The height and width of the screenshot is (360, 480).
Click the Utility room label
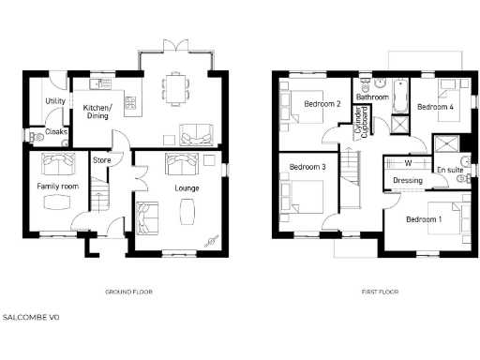[55, 101]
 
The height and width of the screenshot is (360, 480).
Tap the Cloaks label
[55, 132]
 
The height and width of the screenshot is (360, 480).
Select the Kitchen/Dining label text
[97, 112]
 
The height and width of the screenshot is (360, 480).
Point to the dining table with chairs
[175, 88]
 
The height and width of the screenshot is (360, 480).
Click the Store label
[101, 160]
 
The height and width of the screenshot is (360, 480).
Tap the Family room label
[56, 187]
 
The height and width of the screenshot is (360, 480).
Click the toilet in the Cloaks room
[37, 136]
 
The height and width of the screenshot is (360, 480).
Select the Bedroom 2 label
[322, 104]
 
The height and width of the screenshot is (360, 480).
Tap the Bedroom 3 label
[307, 167]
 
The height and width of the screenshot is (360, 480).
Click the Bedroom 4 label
[435, 107]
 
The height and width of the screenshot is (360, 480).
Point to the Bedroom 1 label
[424, 218]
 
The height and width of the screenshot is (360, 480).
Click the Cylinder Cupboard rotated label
[358, 122]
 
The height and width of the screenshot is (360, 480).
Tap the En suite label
[450, 170]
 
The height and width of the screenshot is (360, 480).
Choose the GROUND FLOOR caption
[129, 292]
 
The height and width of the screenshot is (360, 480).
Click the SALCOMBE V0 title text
[31, 318]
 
